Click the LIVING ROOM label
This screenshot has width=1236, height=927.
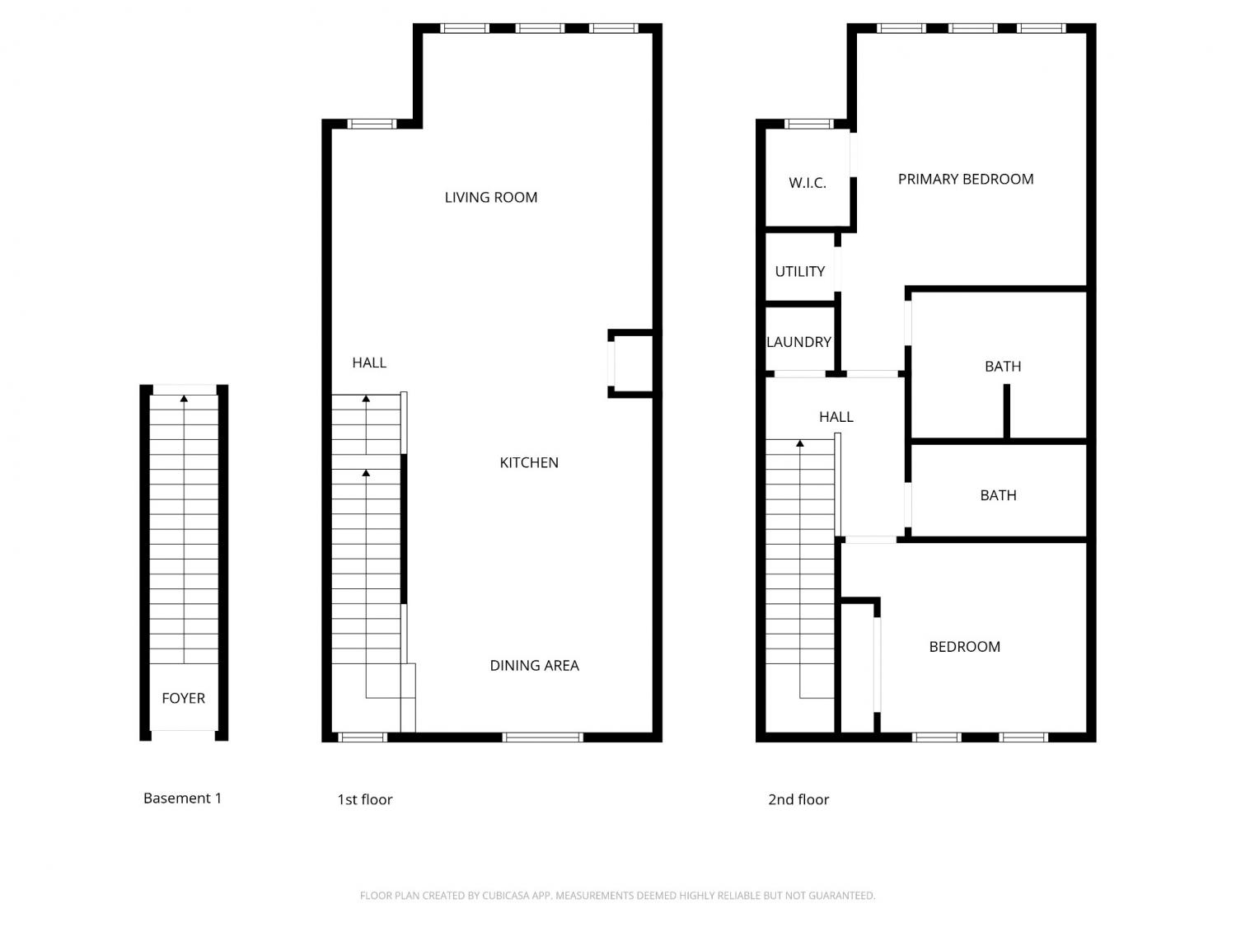pos(490,198)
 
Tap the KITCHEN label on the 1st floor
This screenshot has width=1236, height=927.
pos(529,462)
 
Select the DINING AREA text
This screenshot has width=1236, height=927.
pos(535,665)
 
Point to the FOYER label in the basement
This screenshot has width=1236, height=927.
pos(183,698)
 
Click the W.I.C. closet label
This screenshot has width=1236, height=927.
pos(807,183)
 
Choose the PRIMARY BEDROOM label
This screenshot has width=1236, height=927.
pos(966,179)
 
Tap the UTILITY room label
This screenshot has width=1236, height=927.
pos(799,272)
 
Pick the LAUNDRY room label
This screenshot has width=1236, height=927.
pos(798,342)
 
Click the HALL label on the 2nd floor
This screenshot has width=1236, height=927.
pos(836,417)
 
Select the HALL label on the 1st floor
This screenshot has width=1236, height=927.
pos(369,363)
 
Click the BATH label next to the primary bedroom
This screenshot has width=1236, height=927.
pos(1003,367)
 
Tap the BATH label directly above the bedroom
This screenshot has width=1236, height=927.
pos(998,495)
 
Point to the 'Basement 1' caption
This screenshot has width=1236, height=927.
pos(182,798)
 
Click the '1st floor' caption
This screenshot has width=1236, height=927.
pos(364,799)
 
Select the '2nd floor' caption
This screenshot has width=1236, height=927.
pos(798,799)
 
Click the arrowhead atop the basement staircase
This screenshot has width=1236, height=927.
pos(184,399)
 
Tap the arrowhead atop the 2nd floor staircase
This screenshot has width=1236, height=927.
pos(799,443)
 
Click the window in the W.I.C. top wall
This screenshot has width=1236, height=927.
pos(808,124)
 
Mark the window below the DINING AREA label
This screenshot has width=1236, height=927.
pos(542,737)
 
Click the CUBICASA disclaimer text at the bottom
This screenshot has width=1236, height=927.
pos(617,896)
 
